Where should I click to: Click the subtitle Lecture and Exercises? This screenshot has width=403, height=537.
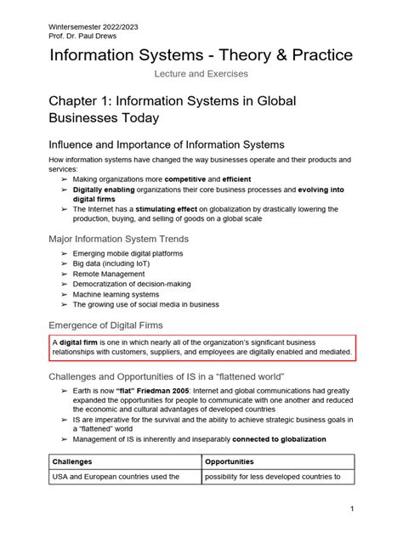pyautogui.click(x=201, y=76)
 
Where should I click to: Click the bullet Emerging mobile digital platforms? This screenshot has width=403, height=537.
pyautogui.click(x=129, y=255)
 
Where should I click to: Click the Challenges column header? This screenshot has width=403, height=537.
pyautogui.click(x=73, y=461)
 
